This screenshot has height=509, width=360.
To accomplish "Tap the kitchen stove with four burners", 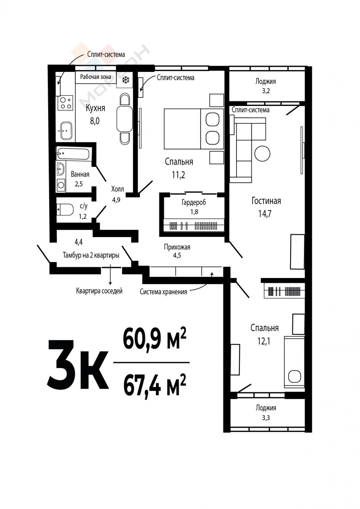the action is coord(65,103).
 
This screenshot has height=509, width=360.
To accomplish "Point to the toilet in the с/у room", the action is coord(65,209).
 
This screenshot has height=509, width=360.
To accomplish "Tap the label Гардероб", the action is coord(193,202).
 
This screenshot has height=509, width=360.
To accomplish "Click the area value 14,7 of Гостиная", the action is coord(265,214).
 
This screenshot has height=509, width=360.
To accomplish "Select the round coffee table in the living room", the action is coord(262,153).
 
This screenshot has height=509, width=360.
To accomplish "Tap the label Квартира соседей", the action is coord(99,291).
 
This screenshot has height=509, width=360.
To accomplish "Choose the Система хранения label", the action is coord(163,292).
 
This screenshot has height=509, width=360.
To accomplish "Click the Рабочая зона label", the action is coord(96,77).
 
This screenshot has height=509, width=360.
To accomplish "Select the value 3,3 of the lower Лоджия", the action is coord(266,418).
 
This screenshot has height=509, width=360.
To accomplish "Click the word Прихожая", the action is coord(177,247).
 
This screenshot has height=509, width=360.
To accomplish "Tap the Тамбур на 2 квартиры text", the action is coord(91,255).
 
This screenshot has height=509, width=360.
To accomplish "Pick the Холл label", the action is coord(117,189).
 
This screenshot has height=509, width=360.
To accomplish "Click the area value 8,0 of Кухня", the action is coord(95,121).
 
